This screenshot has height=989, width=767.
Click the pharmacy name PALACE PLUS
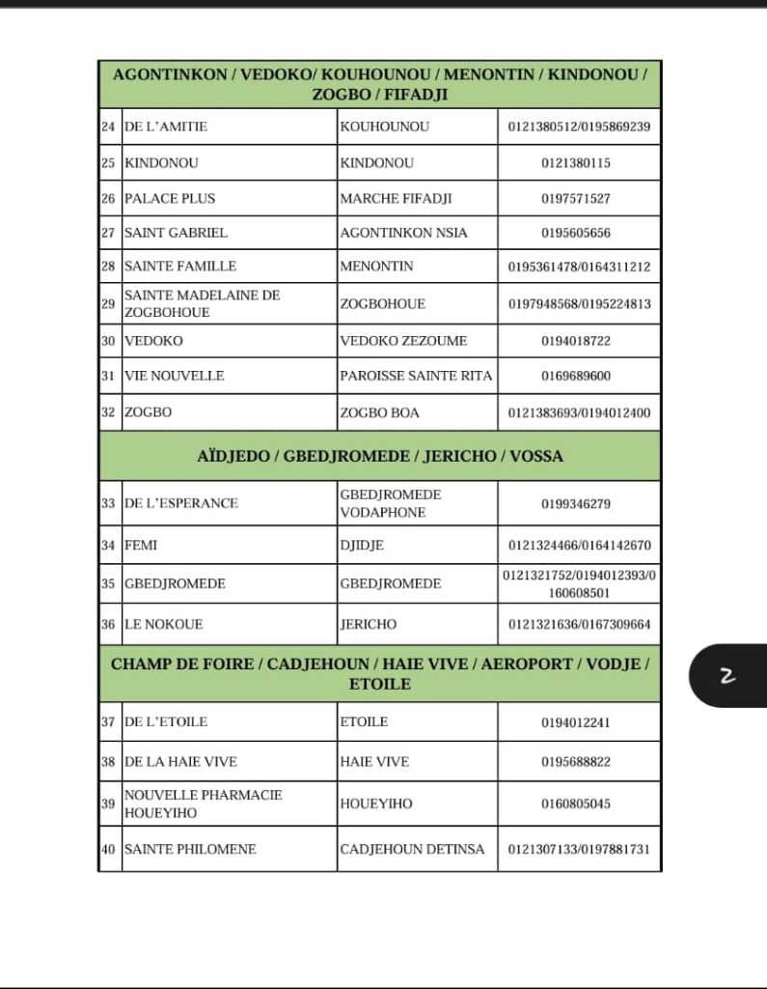(170, 198)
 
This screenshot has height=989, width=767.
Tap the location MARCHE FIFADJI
(396, 198)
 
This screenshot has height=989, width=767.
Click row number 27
(108, 233)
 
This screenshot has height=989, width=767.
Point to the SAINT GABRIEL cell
(176, 233)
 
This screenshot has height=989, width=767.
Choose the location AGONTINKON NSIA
(403, 233)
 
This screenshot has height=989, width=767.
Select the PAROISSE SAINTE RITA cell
(416, 376)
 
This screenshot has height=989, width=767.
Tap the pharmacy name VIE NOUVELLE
(174, 376)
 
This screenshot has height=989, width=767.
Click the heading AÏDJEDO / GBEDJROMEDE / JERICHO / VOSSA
(380, 456)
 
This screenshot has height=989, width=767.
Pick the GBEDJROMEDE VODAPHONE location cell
(390, 503)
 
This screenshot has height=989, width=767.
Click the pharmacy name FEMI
(141, 546)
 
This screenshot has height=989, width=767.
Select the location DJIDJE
(362, 546)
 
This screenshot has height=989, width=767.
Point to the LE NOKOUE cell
(164, 625)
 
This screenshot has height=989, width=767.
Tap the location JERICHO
(368, 625)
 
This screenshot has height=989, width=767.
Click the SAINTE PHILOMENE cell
(190, 849)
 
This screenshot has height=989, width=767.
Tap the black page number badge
(727, 676)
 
